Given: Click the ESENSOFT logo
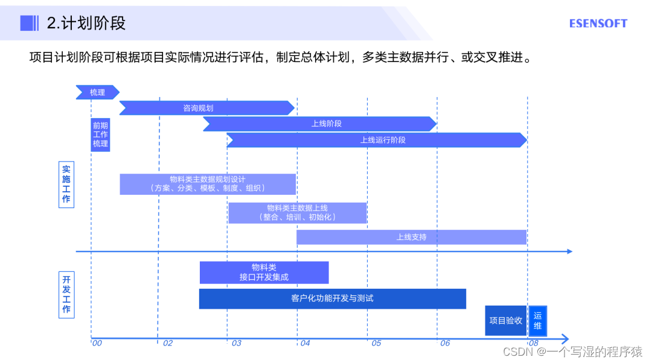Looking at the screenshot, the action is [598, 24].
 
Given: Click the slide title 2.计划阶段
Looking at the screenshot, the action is [86, 24].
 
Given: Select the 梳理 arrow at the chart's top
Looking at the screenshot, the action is [97, 92].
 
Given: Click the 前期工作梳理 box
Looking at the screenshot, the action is [100, 134].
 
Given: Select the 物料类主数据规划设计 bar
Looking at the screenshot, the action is [208, 184].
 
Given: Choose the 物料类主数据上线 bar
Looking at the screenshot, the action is [297, 213].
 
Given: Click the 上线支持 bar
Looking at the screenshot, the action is [411, 237].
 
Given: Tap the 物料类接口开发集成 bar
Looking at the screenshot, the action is [264, 273].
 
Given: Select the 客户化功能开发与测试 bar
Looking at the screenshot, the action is [332, 298].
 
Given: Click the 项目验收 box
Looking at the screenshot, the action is [506, 321].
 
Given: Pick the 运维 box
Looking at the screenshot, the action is [537, 321].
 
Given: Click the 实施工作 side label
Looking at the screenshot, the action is [66, 184].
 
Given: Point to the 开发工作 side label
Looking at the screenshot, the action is [66, 295].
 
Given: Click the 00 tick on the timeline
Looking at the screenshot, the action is [97, 343].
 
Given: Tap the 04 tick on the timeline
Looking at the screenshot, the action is [305, 343].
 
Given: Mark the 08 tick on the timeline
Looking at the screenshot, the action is [533, 343].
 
